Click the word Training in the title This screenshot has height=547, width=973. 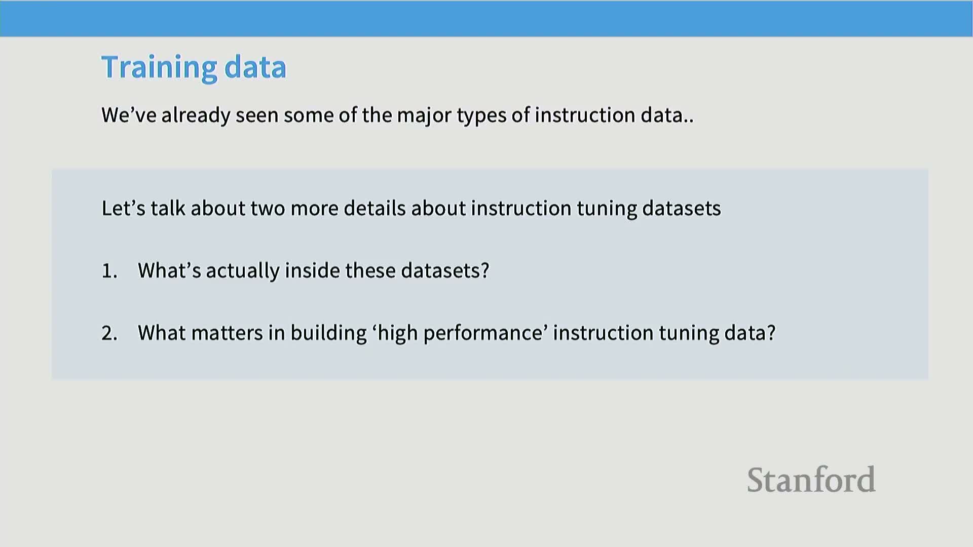coord(159,68)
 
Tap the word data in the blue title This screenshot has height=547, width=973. coord(255,67)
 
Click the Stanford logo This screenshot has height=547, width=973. coord(811,480)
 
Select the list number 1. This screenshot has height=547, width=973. coord(109,271)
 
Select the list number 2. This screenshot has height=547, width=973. coord(109,333)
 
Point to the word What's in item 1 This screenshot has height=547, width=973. coord(170,270)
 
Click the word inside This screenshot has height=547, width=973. coord(312,270)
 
